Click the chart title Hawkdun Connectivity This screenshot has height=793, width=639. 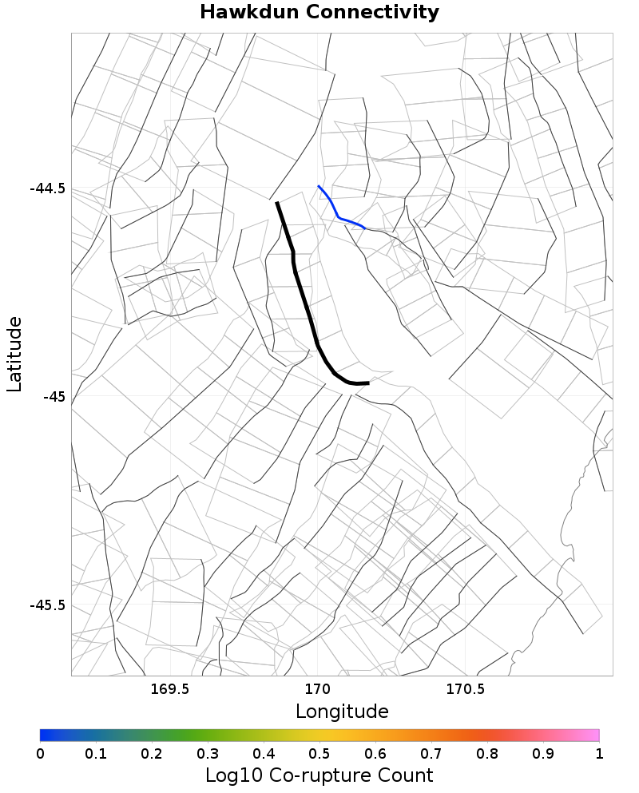319,13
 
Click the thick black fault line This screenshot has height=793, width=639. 302,295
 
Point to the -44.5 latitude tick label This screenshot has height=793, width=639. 47,189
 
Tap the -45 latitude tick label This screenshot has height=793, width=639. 54,397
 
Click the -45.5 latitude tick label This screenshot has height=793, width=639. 47,605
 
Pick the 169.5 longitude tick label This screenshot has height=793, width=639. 169,688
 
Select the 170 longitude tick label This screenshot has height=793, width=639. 317,688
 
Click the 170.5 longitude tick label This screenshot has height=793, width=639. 465,688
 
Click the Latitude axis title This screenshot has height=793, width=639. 14,353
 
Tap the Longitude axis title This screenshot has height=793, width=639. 342,711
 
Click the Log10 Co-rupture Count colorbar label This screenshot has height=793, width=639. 319,775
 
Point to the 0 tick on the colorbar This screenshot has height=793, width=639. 41,753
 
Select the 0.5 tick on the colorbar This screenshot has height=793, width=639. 319,753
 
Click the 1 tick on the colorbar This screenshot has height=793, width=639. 598,753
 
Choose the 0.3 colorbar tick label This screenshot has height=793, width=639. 208,753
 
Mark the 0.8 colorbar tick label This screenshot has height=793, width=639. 487,753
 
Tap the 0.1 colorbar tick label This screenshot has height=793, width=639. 96,753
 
